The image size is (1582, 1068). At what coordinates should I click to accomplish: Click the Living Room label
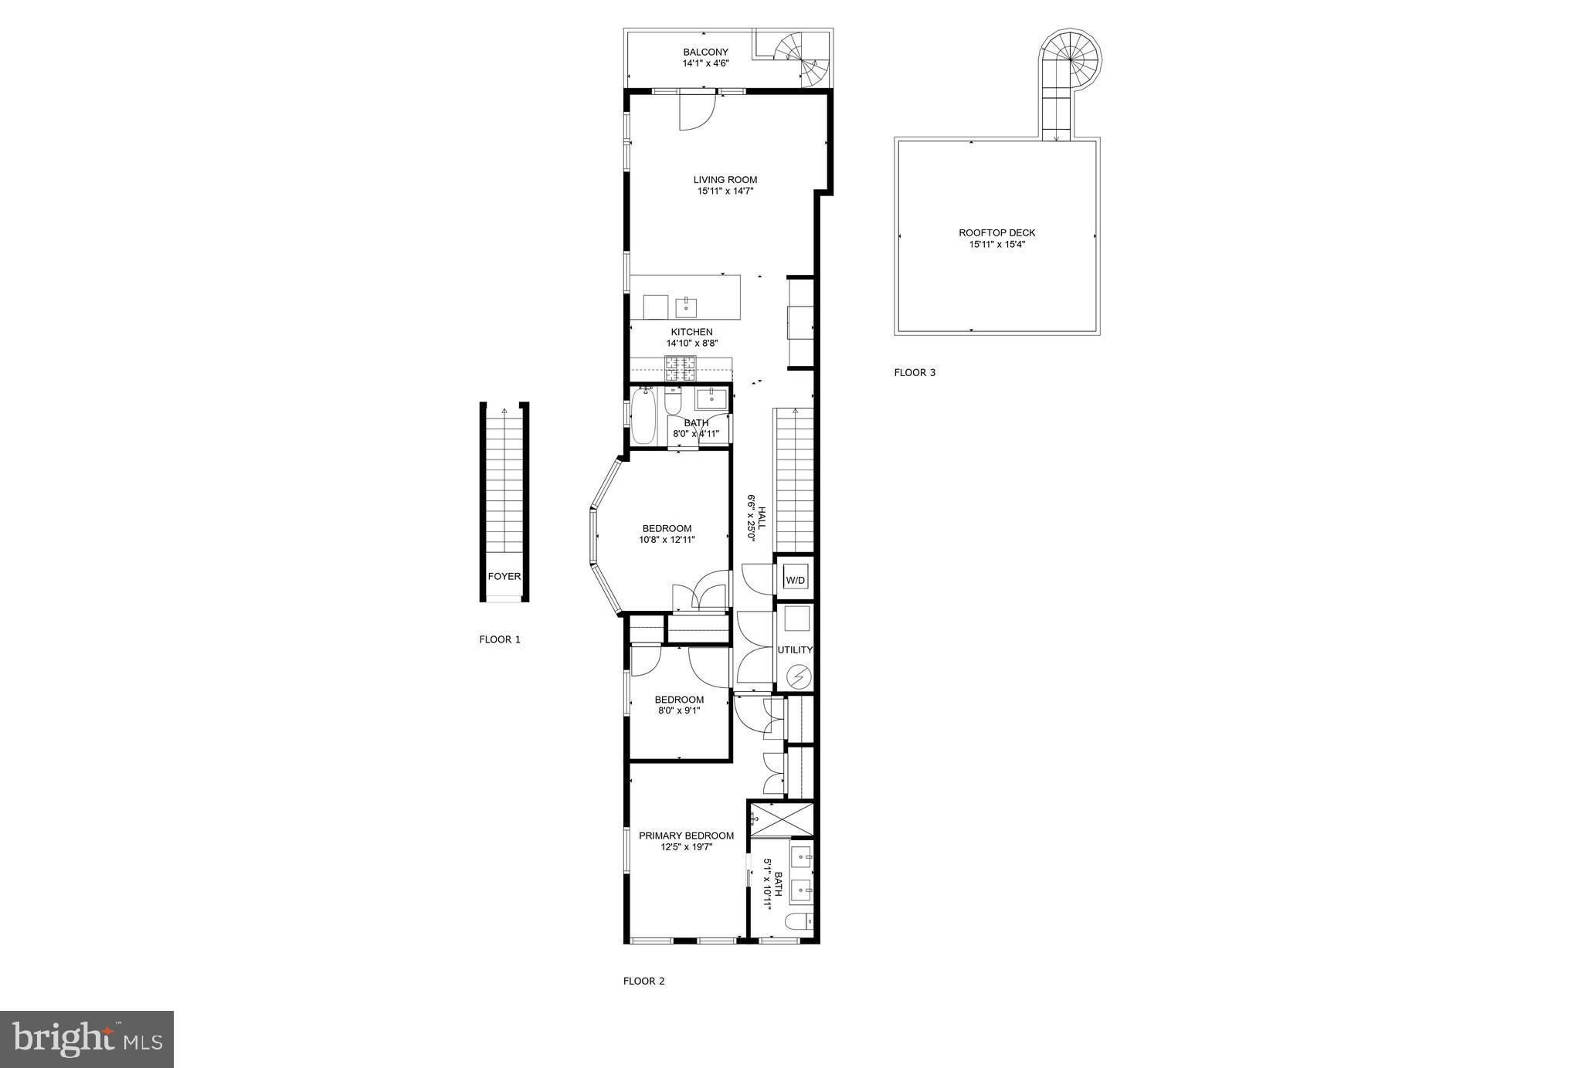[725, 180]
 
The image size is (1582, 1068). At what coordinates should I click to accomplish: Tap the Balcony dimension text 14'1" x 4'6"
[705, 63]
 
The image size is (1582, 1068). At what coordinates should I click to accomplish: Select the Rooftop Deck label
[996, 232]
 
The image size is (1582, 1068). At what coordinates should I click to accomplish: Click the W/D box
[795, 580]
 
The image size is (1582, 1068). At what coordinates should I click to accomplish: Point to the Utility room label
[795, 650]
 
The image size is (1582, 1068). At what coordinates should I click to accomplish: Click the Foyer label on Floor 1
[504, 577]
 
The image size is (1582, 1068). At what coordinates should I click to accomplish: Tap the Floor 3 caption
[915, 372]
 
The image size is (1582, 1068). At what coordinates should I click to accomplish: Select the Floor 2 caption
[643, 981]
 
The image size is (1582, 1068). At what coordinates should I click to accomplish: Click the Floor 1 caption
[500, 639]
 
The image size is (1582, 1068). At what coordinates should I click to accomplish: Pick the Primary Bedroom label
[686, 836]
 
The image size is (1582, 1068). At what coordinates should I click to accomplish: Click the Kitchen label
[691, 332]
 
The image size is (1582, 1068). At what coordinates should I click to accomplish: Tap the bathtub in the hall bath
[643, 416]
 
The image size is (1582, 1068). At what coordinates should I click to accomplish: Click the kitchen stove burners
[681, 368]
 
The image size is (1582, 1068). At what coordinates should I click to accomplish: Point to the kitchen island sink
[687, 307]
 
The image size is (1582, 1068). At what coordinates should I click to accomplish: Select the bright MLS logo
[87, 1039]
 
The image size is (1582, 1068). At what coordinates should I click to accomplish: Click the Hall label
[761, 517]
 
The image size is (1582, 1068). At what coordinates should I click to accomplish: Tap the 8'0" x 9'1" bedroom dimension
[679, 710]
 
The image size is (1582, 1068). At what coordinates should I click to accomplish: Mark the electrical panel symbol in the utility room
[799, 677]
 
